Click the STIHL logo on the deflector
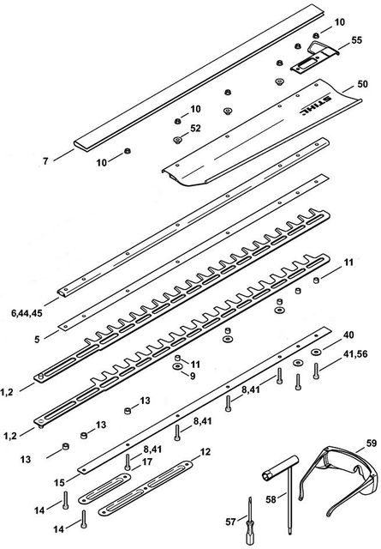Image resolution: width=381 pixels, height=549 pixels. click(x=314, y=105)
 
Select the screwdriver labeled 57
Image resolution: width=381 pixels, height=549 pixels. click(x=250, y=521)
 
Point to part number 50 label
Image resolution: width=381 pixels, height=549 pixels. click(x=362, y=84)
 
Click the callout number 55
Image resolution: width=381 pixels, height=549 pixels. click(x=356, y=40)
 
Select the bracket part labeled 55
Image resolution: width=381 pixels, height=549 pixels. click(x=314, y=57)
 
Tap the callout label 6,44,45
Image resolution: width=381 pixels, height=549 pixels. click(x=27, y=313)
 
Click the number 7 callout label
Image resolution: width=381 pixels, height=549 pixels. click(x=45, y=161)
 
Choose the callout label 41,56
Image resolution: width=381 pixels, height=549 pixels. click(x=355, y=354)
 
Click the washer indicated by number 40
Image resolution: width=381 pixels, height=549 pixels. click(x=316, y=352)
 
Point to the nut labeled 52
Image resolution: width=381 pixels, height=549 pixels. click(x=177, y=140)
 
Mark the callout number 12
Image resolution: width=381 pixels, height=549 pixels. click(x=205, y=452)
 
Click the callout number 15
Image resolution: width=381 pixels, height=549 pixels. click(x=59, y=483)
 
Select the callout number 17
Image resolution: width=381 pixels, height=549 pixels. click(x=147, y=462)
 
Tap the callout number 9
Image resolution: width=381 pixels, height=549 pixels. click(x=193, y=377)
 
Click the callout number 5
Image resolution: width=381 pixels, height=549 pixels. click(x=37, y=340)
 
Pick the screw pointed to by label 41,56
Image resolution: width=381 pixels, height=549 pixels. click(x=316, y=371)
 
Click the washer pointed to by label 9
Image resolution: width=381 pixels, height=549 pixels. click(x=177, y=366)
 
